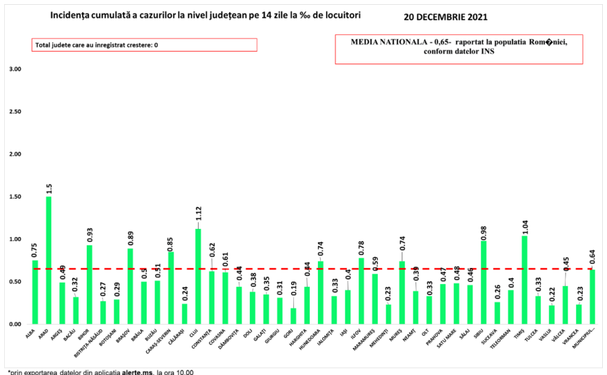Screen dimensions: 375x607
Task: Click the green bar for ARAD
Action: click(48, 261)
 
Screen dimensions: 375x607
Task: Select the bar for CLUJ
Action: click(198, 276)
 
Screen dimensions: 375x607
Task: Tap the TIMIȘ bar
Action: click(525, 280)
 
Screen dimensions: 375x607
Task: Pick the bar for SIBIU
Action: click(484, 283)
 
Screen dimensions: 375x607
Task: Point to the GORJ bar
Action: click(292, 316)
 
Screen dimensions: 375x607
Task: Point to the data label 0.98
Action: click(484, 230)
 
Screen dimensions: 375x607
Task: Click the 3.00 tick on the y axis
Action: click(14, 70)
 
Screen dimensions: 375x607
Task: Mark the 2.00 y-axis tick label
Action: click(14, 154)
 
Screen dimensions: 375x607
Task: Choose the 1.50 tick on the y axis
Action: click(14, 197)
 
